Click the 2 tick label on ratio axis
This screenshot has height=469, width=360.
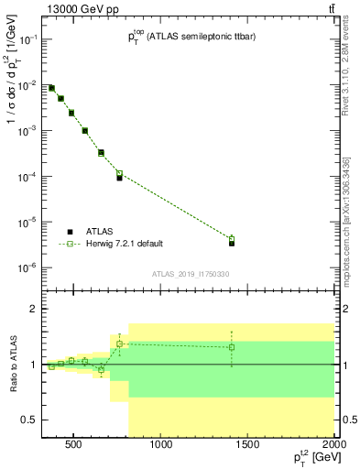coord(32,309)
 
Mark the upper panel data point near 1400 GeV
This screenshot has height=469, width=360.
coord(232,243)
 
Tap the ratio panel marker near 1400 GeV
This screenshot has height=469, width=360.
coord(232,347)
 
